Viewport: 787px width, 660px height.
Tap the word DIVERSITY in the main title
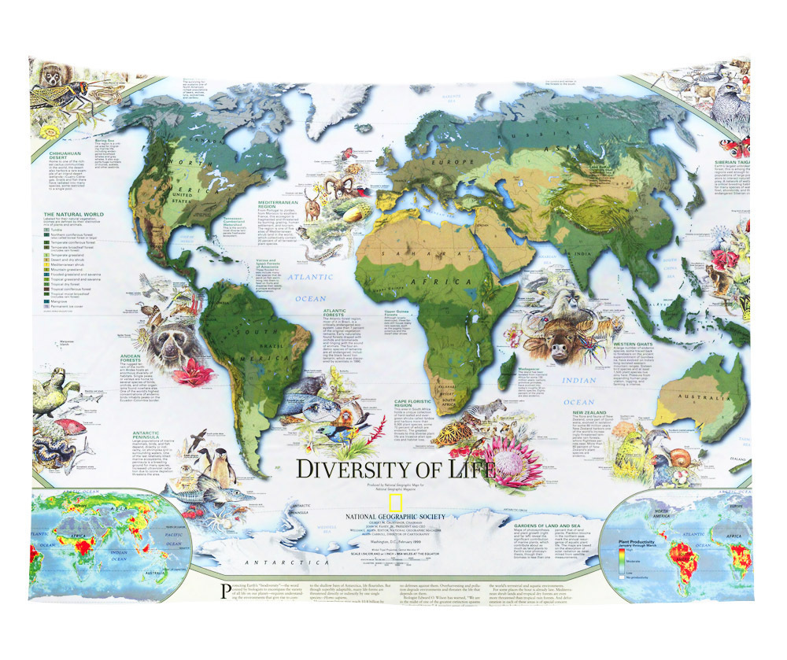(x=358, y=469)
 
